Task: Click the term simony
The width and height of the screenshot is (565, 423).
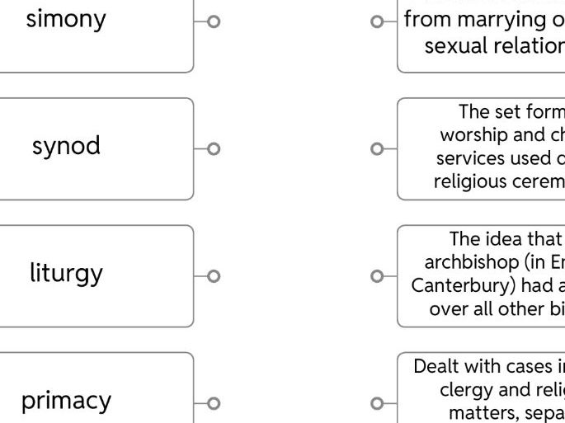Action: click(66, 19)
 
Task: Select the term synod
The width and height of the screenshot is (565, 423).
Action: click(66, 146)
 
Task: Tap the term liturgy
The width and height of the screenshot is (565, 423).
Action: click(66, 273)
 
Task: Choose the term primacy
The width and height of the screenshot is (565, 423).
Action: click(66, 401)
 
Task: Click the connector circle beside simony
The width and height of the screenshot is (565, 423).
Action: click(214, 22)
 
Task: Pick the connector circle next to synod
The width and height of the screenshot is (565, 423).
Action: click(214, 149)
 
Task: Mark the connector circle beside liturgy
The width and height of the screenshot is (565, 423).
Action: click(214, 276)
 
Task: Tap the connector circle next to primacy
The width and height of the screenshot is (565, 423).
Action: click(214, 403)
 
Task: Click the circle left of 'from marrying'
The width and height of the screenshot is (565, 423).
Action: click(377, 22)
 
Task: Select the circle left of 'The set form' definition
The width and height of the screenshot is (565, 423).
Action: click(377, 149)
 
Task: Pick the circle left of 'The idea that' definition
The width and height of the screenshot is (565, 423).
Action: click(377, 276)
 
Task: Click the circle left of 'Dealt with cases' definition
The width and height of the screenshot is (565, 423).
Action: click(377, 403)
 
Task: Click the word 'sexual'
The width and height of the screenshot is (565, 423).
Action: click(450, 45)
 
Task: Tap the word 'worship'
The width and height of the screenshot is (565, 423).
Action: click(470, 134)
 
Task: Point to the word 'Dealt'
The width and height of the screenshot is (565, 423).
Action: click(435, 365)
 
